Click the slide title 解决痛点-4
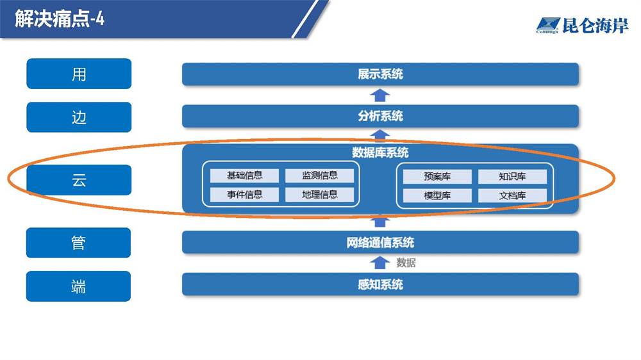coord(60,19)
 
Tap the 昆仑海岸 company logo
coord(582,26)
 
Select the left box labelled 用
coord(79,74)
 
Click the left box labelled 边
coord(79,117)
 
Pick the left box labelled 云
coord(79,180)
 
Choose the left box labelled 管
coord(78,243)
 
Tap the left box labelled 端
coord(78,286)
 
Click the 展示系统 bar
coord(380,74)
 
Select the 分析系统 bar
coord(380,116)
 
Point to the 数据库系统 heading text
coord(380,153)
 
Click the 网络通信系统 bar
coord(380,242)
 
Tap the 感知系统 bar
coord(380,284)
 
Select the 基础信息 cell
coord(244,176)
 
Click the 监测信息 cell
coord(320,176)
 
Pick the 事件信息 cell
coord(244,195)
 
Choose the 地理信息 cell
coord(320,195)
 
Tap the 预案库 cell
coord(437,177)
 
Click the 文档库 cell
coord(512,196)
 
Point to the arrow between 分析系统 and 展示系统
coord(379,95)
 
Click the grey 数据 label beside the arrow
coord(406,263)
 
